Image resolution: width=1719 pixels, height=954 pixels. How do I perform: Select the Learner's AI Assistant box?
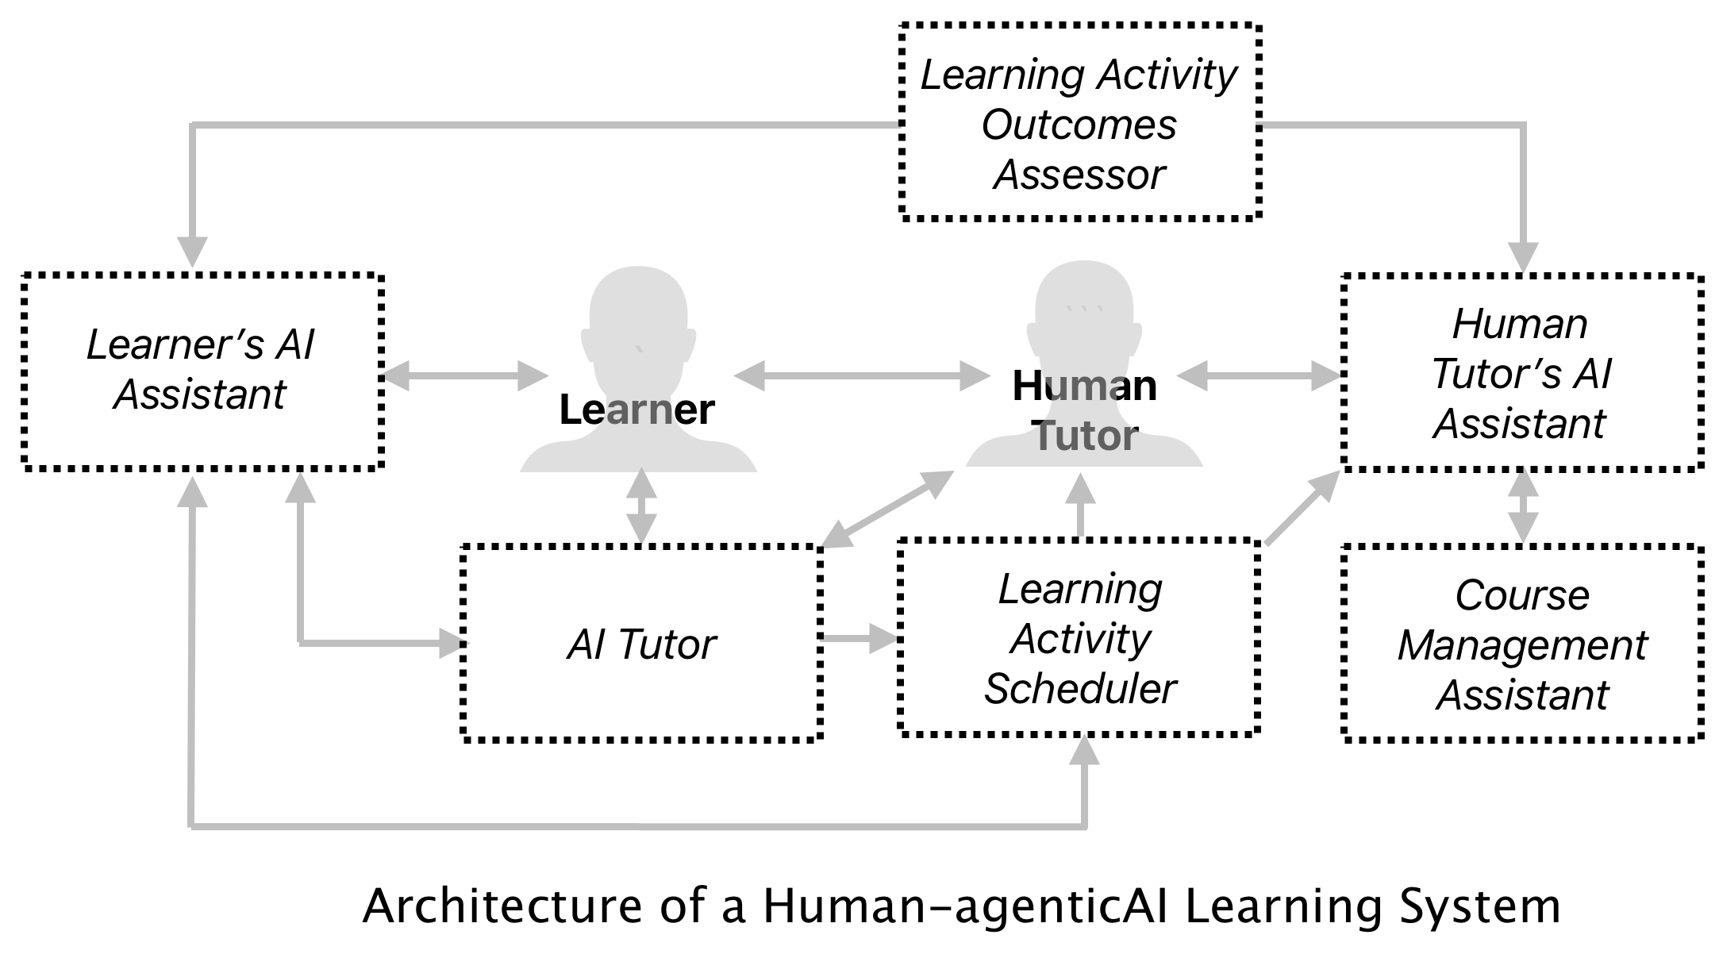click(202, 371)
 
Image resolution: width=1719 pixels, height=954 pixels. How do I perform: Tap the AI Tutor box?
click(641, 643)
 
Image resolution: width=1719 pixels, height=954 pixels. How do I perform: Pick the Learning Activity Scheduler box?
click(1079, 638)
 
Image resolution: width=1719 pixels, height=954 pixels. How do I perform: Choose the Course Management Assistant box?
click(1522, 644)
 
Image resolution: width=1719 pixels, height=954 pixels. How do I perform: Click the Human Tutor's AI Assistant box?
click(1522, 373)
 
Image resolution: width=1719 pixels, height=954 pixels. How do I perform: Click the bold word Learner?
click(636, 410)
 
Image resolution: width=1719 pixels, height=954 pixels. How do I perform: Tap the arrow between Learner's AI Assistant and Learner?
click(464, 375)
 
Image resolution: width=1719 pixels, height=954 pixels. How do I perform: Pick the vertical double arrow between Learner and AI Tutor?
click(641, 506)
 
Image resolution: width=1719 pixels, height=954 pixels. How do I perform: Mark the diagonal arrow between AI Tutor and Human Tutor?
click(887, 509)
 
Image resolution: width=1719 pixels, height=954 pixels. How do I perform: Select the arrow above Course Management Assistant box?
click(1522, 506)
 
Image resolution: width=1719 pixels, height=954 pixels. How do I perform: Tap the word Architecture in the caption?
click(502, 906)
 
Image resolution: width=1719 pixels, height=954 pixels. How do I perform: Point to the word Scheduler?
click(1079, 688)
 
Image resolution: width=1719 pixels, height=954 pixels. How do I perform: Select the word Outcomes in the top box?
click(1079, 125)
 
